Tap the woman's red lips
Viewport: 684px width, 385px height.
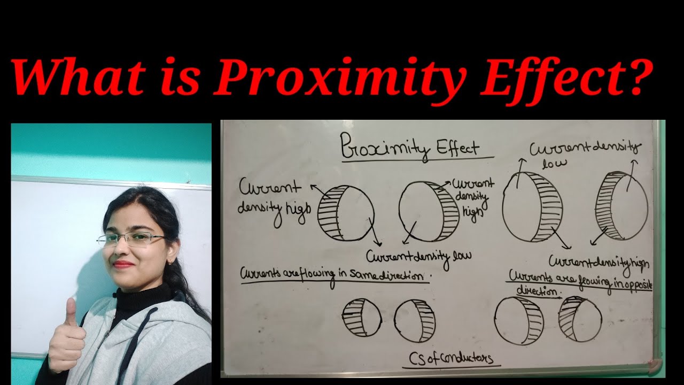[x=123, y=264]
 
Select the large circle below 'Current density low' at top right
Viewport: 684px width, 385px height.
[x=532, y=206]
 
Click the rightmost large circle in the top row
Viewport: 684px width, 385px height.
[x=621, y=205]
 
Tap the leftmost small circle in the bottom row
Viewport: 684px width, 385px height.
[x=361, y=318]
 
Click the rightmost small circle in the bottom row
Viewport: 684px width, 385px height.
[x=580, y=319]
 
